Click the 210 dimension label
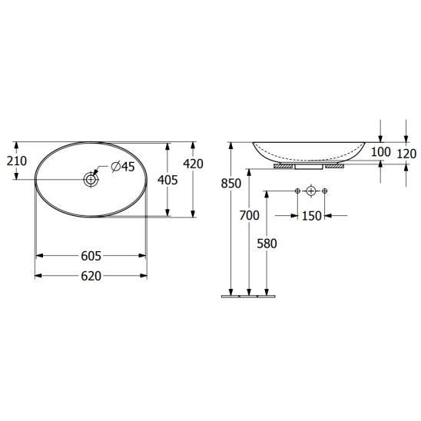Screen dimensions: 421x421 click(x=17, y=161)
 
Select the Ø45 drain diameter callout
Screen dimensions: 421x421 click(x=123, y=167)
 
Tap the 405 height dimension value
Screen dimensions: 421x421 click(x=167, y=181)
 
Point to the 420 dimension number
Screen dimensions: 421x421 click(x=193, y=164)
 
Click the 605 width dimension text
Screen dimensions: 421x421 click(x=91, y=256)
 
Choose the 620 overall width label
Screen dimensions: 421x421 click(x=91, y=276)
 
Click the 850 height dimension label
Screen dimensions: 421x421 click(x=231, y=184)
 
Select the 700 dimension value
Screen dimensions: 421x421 click(x=250, y=215)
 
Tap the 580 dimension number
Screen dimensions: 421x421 click(x=267, y=244)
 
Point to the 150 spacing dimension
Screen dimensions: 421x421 click(x=311, y=216)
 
